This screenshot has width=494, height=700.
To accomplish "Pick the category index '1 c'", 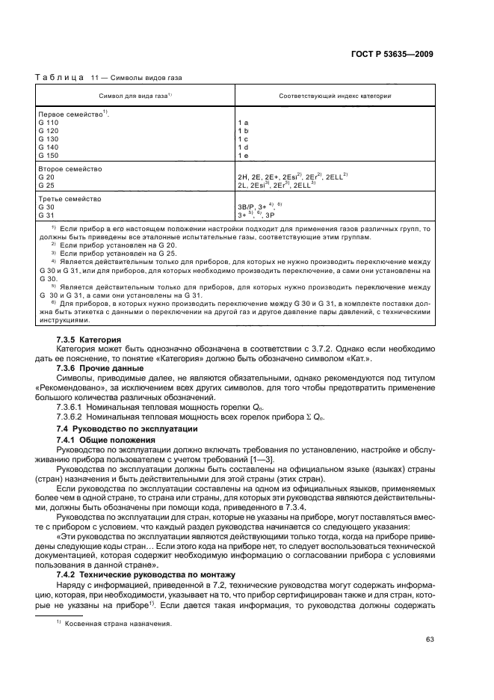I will tap(243, 138).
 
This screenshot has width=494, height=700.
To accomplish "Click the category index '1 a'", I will tap(243, 121).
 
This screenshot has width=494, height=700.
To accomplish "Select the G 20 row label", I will tap(46, 177).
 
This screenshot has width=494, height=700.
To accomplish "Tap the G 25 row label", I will tap(46, 185).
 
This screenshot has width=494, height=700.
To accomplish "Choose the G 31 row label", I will tap(46, 216).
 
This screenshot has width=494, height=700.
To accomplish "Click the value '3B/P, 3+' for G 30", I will tap(254, 208).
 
